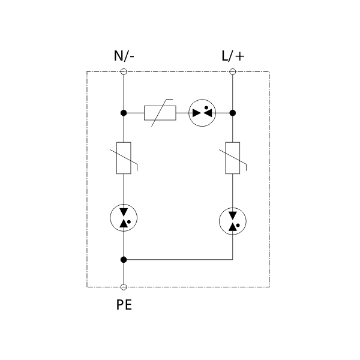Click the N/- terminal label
(124, 57)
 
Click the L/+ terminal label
(232, 57)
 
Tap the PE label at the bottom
(124, 305)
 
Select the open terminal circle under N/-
(124, 72)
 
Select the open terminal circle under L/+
(232, 72)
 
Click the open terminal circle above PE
(124, 287)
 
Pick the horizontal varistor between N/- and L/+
(160, 112)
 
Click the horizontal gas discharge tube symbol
(202, 112)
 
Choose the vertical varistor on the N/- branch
(124, 158)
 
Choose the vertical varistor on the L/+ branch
(232, 158)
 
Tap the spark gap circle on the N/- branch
(124, 218)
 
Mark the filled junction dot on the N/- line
(124, 112)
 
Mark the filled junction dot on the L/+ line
(232, 112)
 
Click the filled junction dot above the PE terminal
(124, 260)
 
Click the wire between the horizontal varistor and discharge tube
(182, 112)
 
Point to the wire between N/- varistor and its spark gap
(124, 188)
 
